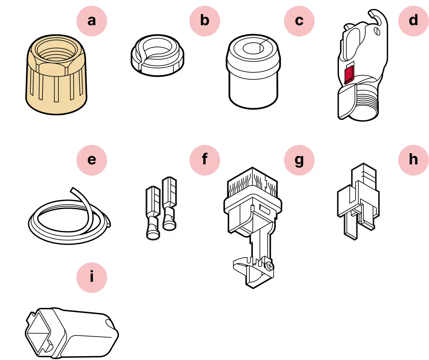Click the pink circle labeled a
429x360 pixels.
92,21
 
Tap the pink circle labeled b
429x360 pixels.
205,21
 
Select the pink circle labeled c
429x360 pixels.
299,21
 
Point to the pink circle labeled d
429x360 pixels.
413,21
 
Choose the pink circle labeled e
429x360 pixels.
92,160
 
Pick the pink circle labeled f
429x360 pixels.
205,160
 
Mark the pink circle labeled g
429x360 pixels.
299,160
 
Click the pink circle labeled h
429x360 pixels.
413,160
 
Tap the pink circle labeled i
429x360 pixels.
92,278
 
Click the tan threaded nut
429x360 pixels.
56,75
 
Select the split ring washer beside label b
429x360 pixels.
157,55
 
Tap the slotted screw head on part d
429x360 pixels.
377,32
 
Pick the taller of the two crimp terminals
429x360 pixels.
169,204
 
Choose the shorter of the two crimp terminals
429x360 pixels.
153,213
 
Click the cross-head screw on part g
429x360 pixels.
270,266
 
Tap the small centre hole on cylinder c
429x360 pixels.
253,48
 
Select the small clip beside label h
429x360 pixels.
358,201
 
